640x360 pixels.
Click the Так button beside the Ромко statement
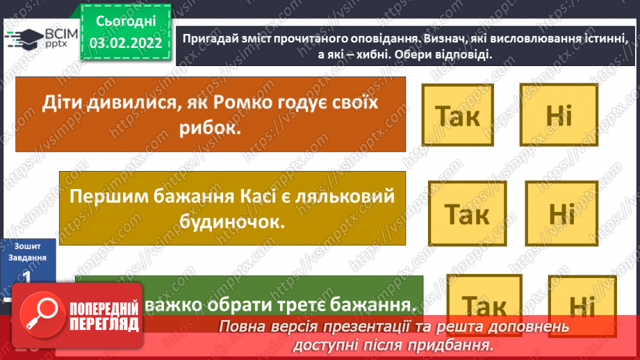[457, 115]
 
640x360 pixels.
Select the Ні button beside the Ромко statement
[559, 115]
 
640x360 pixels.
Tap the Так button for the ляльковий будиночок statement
[466, 213]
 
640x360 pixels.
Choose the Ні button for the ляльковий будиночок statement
[561, 213]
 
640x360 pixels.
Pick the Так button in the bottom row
[484, 304]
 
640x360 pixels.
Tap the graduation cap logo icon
[22, 40]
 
